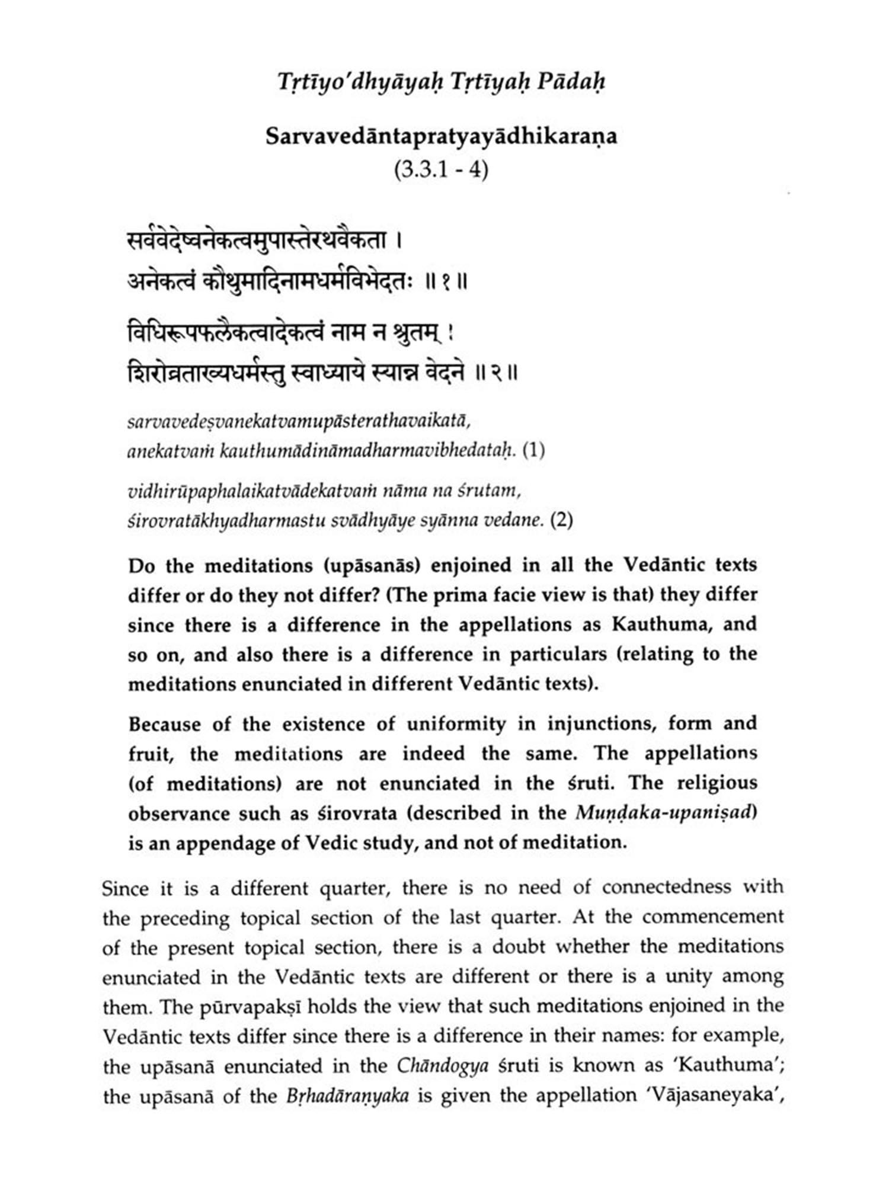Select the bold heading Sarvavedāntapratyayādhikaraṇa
tap(442, 137)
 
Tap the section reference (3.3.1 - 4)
tap(442, 170)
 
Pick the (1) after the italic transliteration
tap(533, 451)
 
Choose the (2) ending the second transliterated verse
tap(562, 520)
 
